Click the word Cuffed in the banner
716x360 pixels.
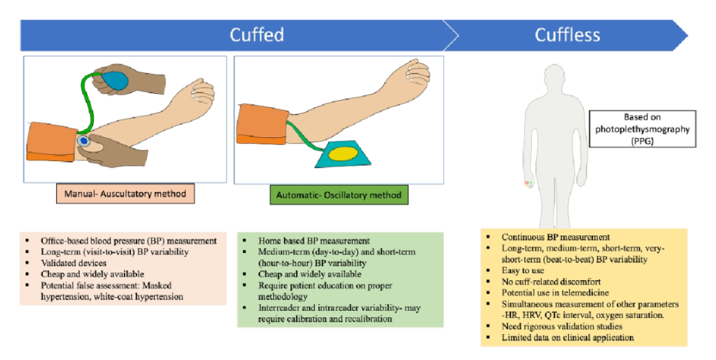(257, 34)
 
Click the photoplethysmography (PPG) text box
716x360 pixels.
(643, 129)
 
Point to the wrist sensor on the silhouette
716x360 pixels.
(530, 185)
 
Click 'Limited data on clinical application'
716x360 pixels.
(568, 338)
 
